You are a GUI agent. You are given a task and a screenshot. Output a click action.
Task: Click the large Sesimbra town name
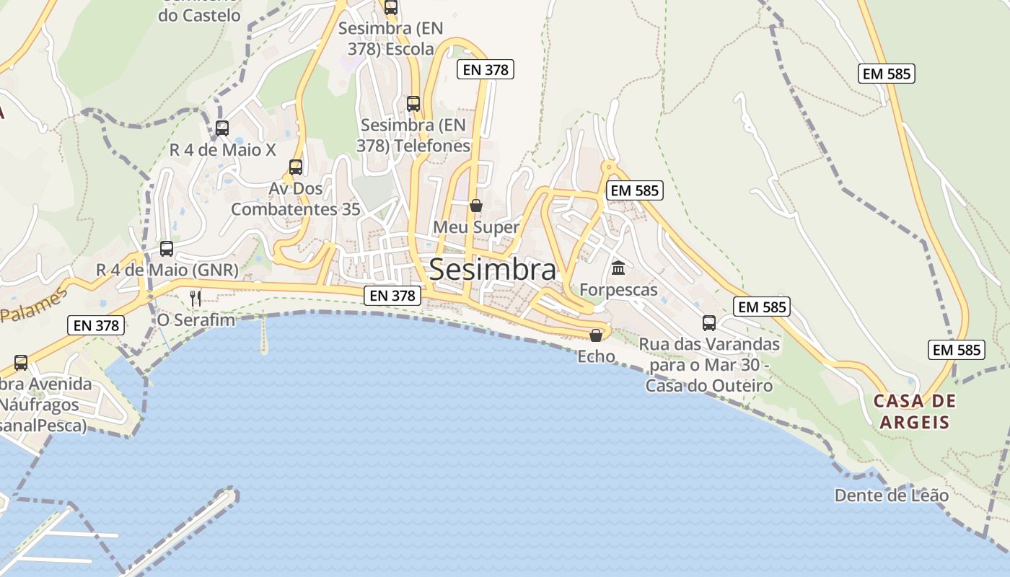click(x=493, y=270)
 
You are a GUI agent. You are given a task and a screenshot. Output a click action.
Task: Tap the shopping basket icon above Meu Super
click(x=475, y=206)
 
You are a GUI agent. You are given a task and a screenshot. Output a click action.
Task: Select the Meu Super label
click(x=476, y=227)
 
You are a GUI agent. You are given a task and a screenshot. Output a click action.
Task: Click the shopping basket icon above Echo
click(x=596, y=335)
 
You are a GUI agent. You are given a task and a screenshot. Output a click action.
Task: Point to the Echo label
click(x=597, y=356)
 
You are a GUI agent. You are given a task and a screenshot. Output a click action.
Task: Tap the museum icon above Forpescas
click(x=618, y=268)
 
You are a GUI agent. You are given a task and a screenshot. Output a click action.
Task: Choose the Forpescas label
click(x=619, y=290)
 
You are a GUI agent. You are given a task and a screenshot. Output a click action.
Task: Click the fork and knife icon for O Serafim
click(x=196, y=298)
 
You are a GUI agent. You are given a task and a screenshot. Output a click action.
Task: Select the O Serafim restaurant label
click(x=196, y=319)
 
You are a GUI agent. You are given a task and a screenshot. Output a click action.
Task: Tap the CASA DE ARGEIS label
click(x=914, y=411)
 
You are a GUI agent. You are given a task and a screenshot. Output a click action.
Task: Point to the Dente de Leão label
click(x=892, y=495)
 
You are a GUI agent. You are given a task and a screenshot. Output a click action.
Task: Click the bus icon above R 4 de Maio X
click(x=222, y=128)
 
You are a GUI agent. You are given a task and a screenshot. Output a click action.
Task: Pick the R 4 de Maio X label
click(x=223, y=150)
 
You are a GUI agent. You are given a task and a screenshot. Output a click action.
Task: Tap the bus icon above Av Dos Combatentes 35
click(x=296, y=167)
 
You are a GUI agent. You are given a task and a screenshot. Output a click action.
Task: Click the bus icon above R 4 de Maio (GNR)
click(x=167, y=249)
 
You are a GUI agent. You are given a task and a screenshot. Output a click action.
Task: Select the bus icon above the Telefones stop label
click(x=413, y=104)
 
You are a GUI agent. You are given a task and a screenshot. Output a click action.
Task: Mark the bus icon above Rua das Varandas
click(x=709, y=323)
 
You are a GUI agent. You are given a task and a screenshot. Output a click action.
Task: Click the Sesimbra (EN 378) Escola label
click(x=390, y=39)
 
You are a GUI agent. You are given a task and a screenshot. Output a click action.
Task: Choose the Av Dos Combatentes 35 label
click(x=296, y=198)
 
